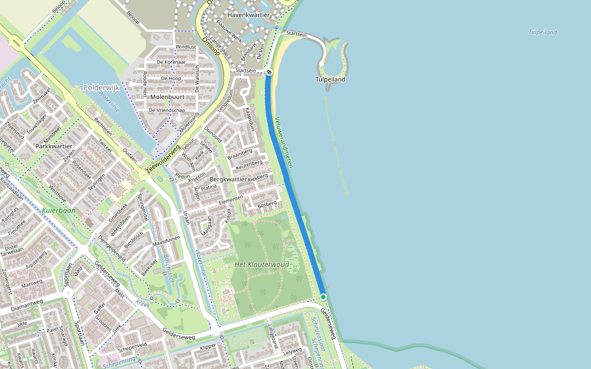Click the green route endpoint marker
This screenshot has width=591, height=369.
click(x=323, y=297)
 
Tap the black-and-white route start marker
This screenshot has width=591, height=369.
click(x=269, y=72)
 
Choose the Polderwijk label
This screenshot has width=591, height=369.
click(x=100, y=88)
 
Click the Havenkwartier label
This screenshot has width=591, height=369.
click(x=249, y=14)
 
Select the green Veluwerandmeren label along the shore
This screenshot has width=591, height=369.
click(x=284, y=142)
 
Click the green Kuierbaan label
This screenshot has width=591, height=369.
click(x=59, y=210)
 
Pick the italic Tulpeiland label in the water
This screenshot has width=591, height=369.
click(x=542, y=32)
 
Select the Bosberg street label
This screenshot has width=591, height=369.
click(x=267, y=204)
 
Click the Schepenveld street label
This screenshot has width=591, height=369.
click(x=132, y=346)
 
